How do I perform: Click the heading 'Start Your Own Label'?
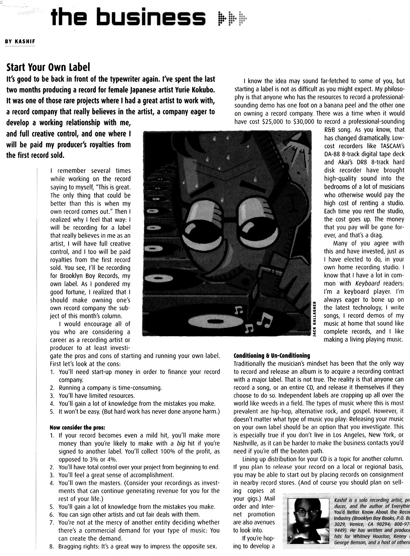(49, 68)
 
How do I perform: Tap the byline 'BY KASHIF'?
(20, 41)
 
